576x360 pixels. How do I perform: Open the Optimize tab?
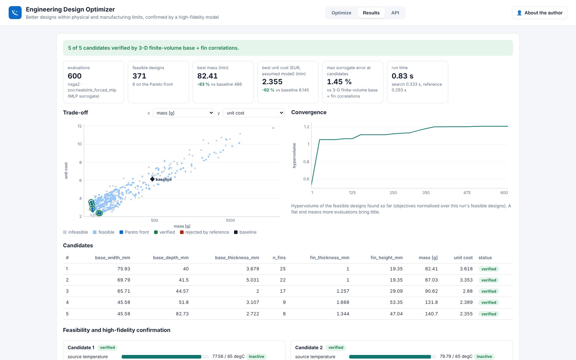pos(341,13)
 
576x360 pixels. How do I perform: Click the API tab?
pos(395,13)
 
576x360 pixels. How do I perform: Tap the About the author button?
pos(540,13)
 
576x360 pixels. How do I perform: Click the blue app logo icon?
pos(15,13)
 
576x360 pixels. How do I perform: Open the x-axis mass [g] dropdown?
pos(184,113)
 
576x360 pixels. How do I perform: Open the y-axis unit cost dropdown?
pos(254,113)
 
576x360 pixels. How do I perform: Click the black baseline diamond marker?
pos(152,179)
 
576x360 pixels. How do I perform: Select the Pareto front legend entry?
pos(134,232)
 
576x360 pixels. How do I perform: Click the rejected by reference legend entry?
pos(204,232)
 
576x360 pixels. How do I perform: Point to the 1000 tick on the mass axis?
pos(230,220)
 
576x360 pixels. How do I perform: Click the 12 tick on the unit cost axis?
pos(80,126)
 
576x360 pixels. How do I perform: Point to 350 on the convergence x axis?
pos(426,193)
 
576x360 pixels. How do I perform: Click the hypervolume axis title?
pos(294,155)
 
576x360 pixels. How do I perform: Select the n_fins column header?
pos(279,258)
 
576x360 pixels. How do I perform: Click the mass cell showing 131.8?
pos(431,302)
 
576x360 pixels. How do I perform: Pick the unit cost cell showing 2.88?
pos(468,291)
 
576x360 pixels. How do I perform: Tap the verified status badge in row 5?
pos(489,314)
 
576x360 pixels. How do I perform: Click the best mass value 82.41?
pos(207,76)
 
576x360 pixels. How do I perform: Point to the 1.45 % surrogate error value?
pos(339,82)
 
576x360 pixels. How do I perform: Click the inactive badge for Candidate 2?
pos(484,356)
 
